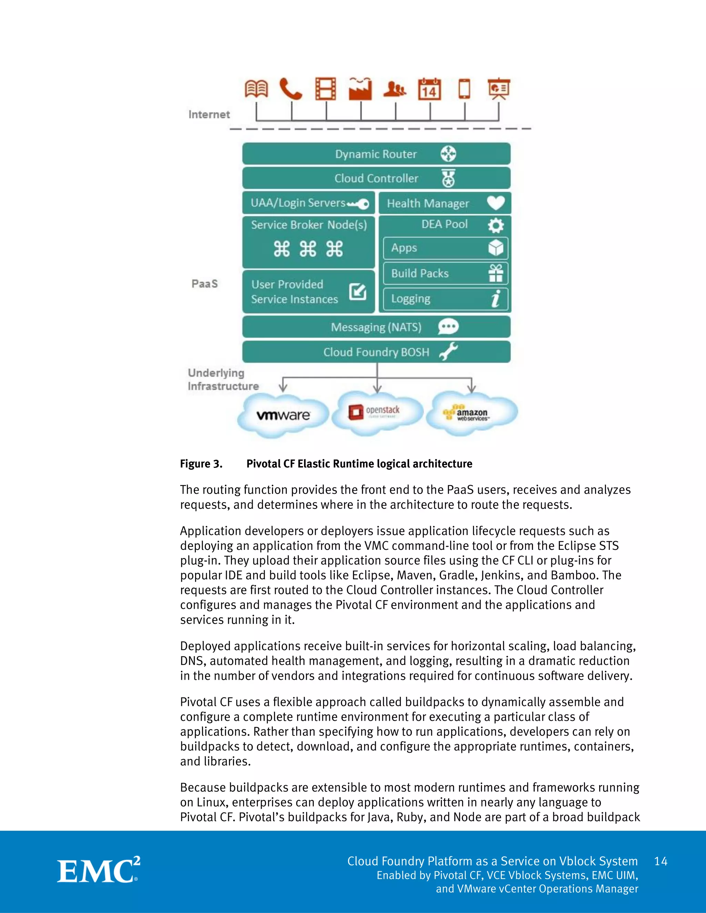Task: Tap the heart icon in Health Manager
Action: click(496, 203)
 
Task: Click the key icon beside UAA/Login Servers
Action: click(359, 204)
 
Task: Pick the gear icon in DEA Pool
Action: click(496, 225)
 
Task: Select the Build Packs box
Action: click(445, 274)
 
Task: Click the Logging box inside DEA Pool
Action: click(445, 299)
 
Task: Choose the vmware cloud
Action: click(283, 415)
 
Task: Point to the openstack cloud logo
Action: click(375, 411)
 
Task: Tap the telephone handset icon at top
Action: click(291, 89)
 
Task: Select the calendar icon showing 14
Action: click(430, 89)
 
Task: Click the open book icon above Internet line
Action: click(256, 89)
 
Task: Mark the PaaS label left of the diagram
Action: click(204, 284)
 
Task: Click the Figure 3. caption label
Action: click(201, 464)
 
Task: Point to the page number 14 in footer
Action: click(660, 861)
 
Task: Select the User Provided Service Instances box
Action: click(308, 292)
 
